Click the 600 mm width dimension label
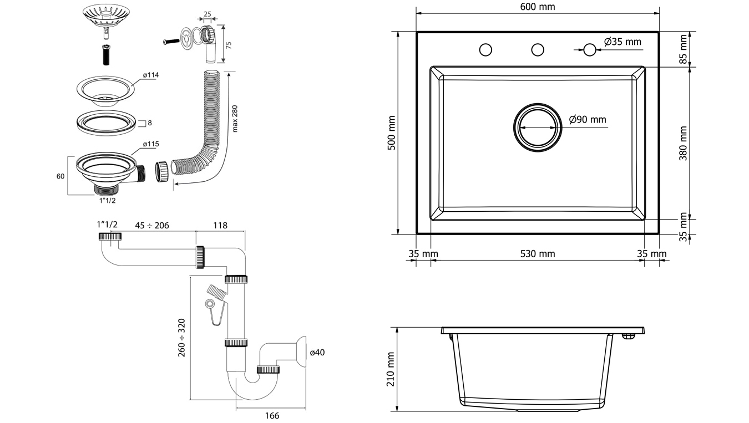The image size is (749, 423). (x=538, y=7)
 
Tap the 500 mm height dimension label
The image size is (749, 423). (x=392, y=132)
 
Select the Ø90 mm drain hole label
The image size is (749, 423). (x=588, y=119)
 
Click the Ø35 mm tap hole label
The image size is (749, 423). (x=623, y=42)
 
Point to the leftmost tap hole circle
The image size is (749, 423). (x=485, y=50)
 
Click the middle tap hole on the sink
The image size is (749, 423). (x=538, y=50)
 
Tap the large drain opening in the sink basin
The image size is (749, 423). (x=537, y=126)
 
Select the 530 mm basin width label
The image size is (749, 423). (x=537, y=254)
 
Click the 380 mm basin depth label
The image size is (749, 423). (x=683, y=144)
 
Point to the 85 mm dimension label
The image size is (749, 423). (x=683, y=49)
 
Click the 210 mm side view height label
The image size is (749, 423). (x=392, y=369)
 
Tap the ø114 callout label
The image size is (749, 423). (x=150, y=75)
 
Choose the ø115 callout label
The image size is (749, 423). (x=150, y=144)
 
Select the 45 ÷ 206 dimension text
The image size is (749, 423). (x=152, y=225)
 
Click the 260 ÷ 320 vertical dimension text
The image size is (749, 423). (x=181, y=338)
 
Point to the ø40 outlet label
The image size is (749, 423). (x=317, y=352)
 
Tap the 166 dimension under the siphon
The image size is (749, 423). (x=271, y=416)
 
